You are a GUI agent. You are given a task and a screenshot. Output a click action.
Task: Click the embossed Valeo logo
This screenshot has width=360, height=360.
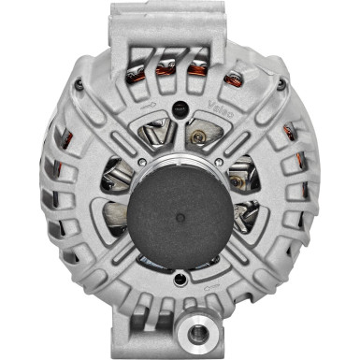pyautogui.click(x=225, y=108)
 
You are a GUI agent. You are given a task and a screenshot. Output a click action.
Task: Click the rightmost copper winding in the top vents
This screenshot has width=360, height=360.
pyautogui.click(x=227, y=69)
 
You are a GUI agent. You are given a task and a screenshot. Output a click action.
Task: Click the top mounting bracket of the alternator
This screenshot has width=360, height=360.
pyautogui.click(x=180, y=23)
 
